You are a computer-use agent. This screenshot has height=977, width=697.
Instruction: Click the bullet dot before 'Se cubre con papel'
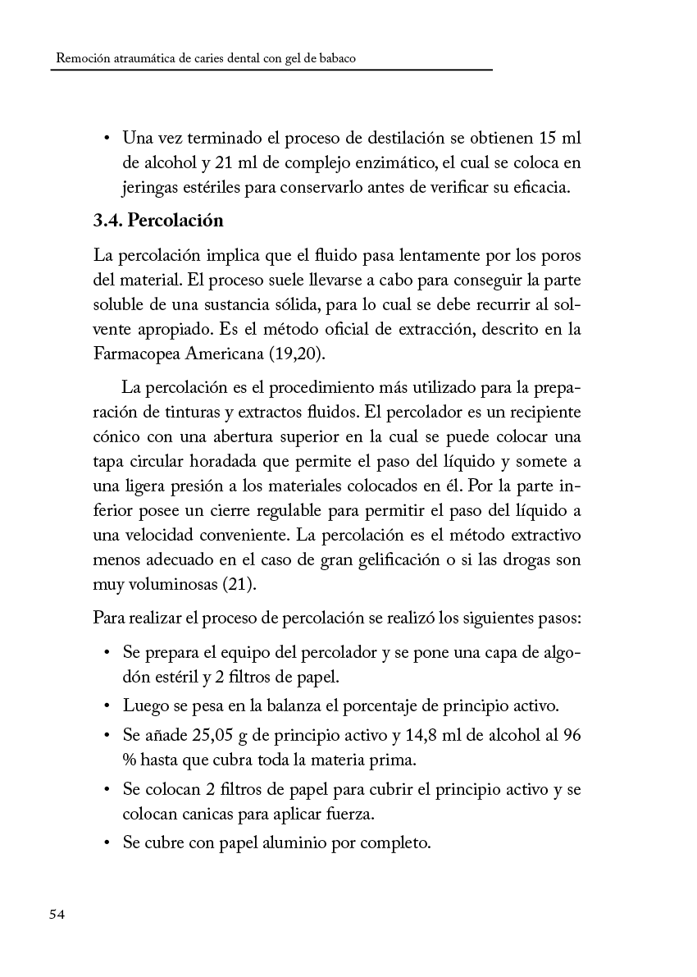[x=108, y=842]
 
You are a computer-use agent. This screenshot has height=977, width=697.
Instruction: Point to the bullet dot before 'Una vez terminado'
[x=108, y=135]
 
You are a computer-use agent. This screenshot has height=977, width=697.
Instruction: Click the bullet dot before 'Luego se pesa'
[x=108, y=705]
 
